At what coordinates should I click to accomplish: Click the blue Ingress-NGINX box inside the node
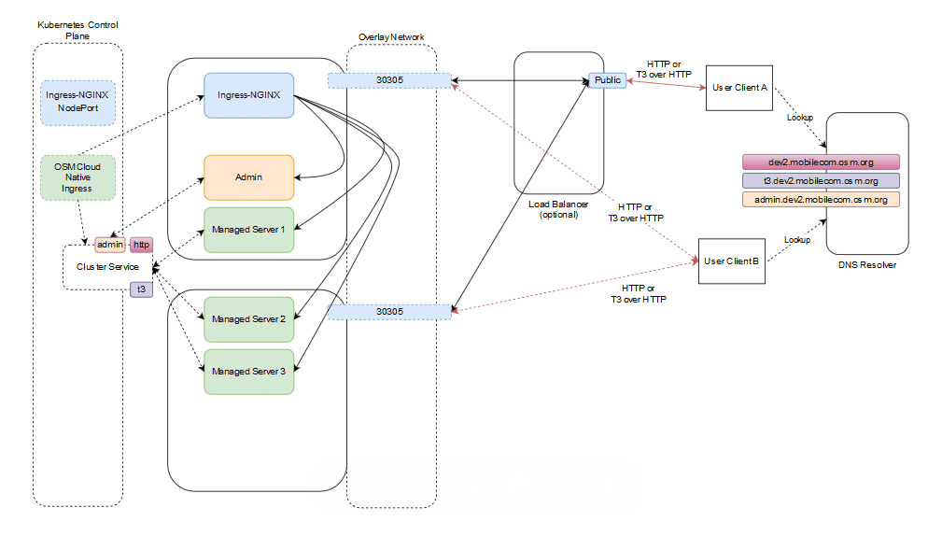click(249, 95)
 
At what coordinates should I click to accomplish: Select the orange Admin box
click(249, 176)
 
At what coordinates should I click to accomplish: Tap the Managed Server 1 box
click(249, 230)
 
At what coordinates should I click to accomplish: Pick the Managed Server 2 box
click(249, 319)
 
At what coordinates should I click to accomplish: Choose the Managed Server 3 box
click(249, 371)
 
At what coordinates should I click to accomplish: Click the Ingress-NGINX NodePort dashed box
click(78, 102)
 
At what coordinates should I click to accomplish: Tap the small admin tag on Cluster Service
click(110, 245)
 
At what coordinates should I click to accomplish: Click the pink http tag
click(141, 245)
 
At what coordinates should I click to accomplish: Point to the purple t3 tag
click(141, 289)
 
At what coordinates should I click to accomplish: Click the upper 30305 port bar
click(389, 80)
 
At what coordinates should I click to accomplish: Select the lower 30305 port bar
click(389, 311)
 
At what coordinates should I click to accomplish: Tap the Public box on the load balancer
click(607, 80)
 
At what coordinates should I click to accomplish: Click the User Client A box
click(738, 88)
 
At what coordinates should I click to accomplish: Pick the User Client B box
click(733, 261)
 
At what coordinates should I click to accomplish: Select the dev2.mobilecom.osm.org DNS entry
click(821, 162)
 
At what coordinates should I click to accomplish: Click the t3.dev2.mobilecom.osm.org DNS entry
click(821, 180)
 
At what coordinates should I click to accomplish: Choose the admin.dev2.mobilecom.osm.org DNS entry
click(821, 199)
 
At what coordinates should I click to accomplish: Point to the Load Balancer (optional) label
click(557, 208)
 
